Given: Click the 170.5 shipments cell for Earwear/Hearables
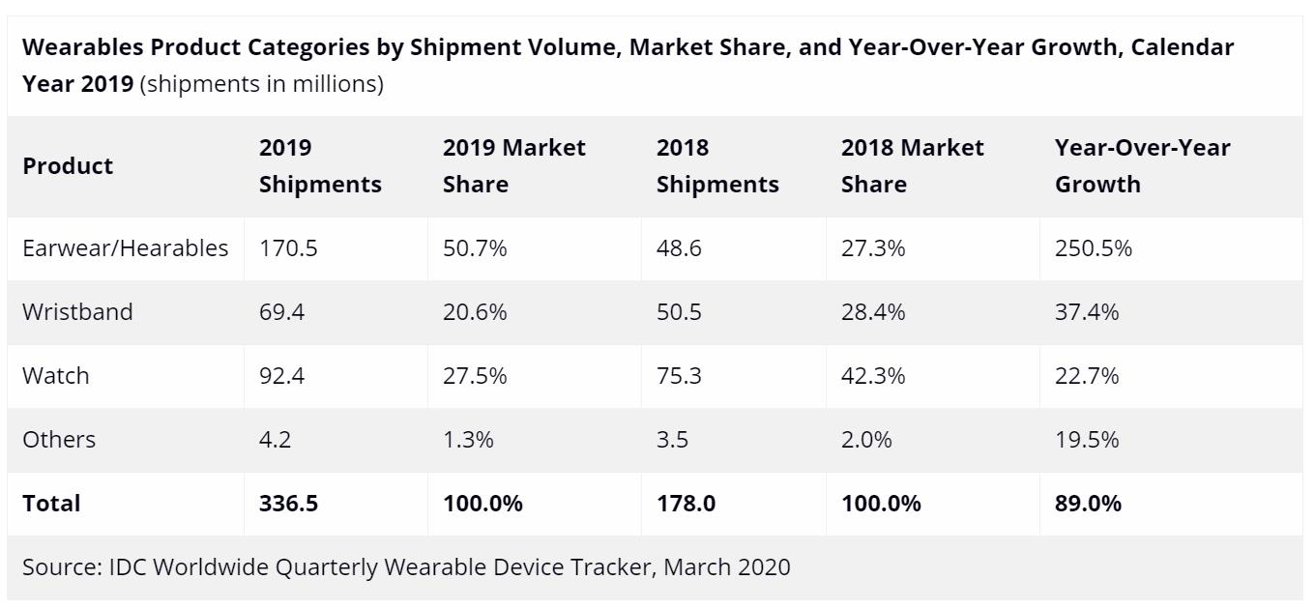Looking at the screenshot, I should pos(288,248).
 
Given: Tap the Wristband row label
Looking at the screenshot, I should pos(77,312).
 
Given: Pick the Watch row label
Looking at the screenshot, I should pos(56,376).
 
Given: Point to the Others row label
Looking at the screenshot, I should pos(59,440).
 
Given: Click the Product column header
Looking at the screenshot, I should pos(68,166).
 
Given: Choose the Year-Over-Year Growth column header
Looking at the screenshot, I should pos(1142,166).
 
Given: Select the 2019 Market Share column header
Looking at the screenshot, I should pos(513,166).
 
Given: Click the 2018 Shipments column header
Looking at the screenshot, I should pos(716,166).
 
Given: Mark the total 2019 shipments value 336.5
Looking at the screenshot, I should pos(288,504).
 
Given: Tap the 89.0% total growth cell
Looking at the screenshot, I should pos(1088,504).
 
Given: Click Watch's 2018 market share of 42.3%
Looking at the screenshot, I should pos(873,376).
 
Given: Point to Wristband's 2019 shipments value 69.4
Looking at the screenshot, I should pos(281,312).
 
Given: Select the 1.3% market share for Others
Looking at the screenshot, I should pos(468,440).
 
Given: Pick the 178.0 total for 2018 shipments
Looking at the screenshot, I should pos(686,504).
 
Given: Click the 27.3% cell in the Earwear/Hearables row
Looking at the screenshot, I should pos(873,248).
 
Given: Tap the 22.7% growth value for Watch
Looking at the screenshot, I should pos(1087,376).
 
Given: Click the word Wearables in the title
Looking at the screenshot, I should pos(84,47).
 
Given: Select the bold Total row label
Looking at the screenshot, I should pos(51,504).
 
